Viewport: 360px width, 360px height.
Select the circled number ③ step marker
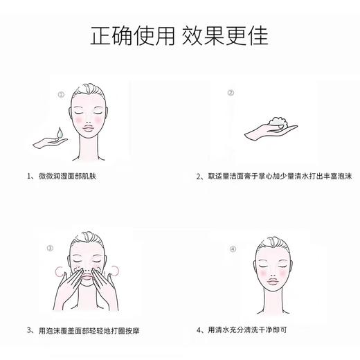pyautogui.click(x=50, y=247)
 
